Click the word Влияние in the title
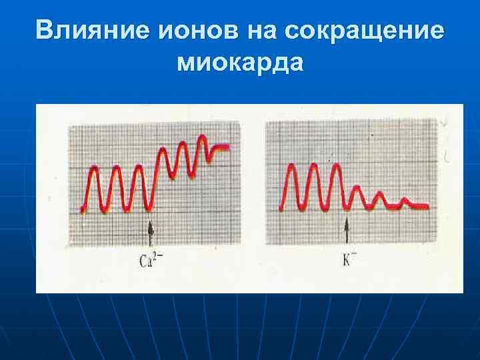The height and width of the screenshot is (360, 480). [90, 31]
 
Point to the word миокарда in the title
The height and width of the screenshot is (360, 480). [240, 63]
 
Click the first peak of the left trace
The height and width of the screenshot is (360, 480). [94, 169]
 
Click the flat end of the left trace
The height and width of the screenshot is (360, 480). [223, 147]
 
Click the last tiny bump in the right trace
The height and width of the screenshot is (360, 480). [403, 199]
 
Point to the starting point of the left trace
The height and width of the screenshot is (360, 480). [83, 211]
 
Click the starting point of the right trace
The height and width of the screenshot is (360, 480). [281, 209]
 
